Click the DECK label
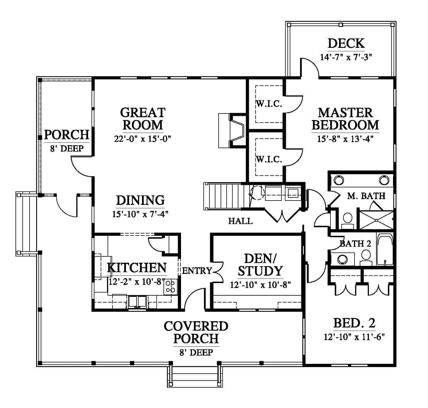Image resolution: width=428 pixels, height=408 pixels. point(346,44)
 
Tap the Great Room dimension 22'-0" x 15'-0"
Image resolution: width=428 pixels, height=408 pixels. point(143,139)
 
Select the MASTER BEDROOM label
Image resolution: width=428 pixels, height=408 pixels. point(345,119)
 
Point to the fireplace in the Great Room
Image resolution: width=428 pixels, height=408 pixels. point(233,130)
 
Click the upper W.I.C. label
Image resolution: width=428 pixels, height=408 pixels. point(269,104)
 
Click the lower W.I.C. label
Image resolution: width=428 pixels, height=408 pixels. point(269,160)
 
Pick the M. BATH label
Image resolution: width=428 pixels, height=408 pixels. point(366,196)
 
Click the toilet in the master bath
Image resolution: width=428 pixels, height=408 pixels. point(347,220)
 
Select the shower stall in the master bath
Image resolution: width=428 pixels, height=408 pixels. point(376,220)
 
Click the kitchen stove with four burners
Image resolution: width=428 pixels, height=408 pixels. point(170,287)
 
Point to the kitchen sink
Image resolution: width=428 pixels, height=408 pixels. point(137,302)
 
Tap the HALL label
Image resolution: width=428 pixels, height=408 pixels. point(240,221)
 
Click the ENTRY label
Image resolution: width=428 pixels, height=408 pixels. point(197,271)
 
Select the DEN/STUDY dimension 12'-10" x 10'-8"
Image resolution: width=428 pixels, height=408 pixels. point(260,285)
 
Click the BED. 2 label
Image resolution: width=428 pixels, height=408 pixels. point(354,323)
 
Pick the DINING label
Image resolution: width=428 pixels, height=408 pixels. point(140,200)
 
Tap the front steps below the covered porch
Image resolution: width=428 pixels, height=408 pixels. point(195,377)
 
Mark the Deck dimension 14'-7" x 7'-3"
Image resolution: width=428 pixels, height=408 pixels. point(346,57)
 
